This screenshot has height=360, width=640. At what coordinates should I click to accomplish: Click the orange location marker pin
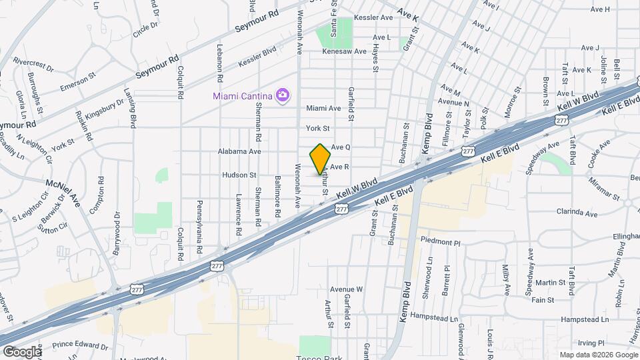(x=321, y=159)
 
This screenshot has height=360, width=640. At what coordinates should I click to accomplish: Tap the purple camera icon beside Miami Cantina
(x=283, y=95)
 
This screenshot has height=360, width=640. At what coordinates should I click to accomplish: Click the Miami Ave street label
(x=323, y=108)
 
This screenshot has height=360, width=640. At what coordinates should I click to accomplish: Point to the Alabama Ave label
(x=239, y=151)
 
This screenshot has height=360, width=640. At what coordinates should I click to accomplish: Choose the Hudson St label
(x=239, y=175)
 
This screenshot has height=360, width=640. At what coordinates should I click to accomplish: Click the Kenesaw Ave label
(x=344, y=51)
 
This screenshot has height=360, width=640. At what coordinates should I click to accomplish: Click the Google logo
(x=22, y=351)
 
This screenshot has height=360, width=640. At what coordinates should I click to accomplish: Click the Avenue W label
(x=345, y=289)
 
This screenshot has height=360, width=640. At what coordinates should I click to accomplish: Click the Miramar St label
(x=586, y=187)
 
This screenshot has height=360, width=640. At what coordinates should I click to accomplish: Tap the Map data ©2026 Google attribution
(x=598, y=355)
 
